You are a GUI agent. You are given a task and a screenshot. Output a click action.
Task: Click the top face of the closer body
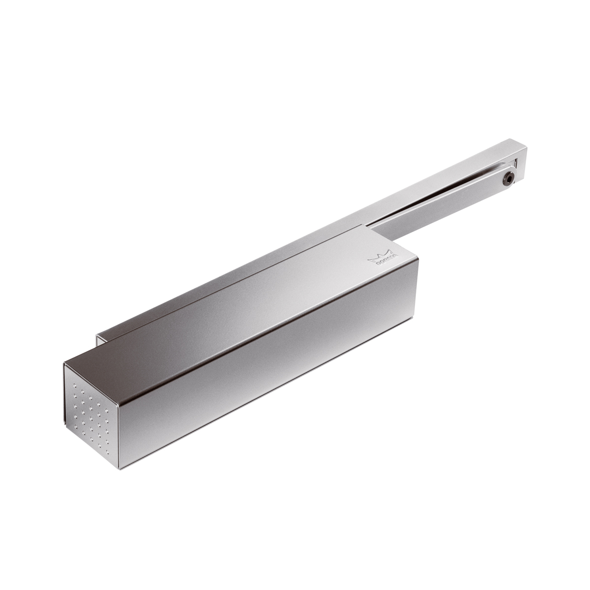(x=256, y=305)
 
